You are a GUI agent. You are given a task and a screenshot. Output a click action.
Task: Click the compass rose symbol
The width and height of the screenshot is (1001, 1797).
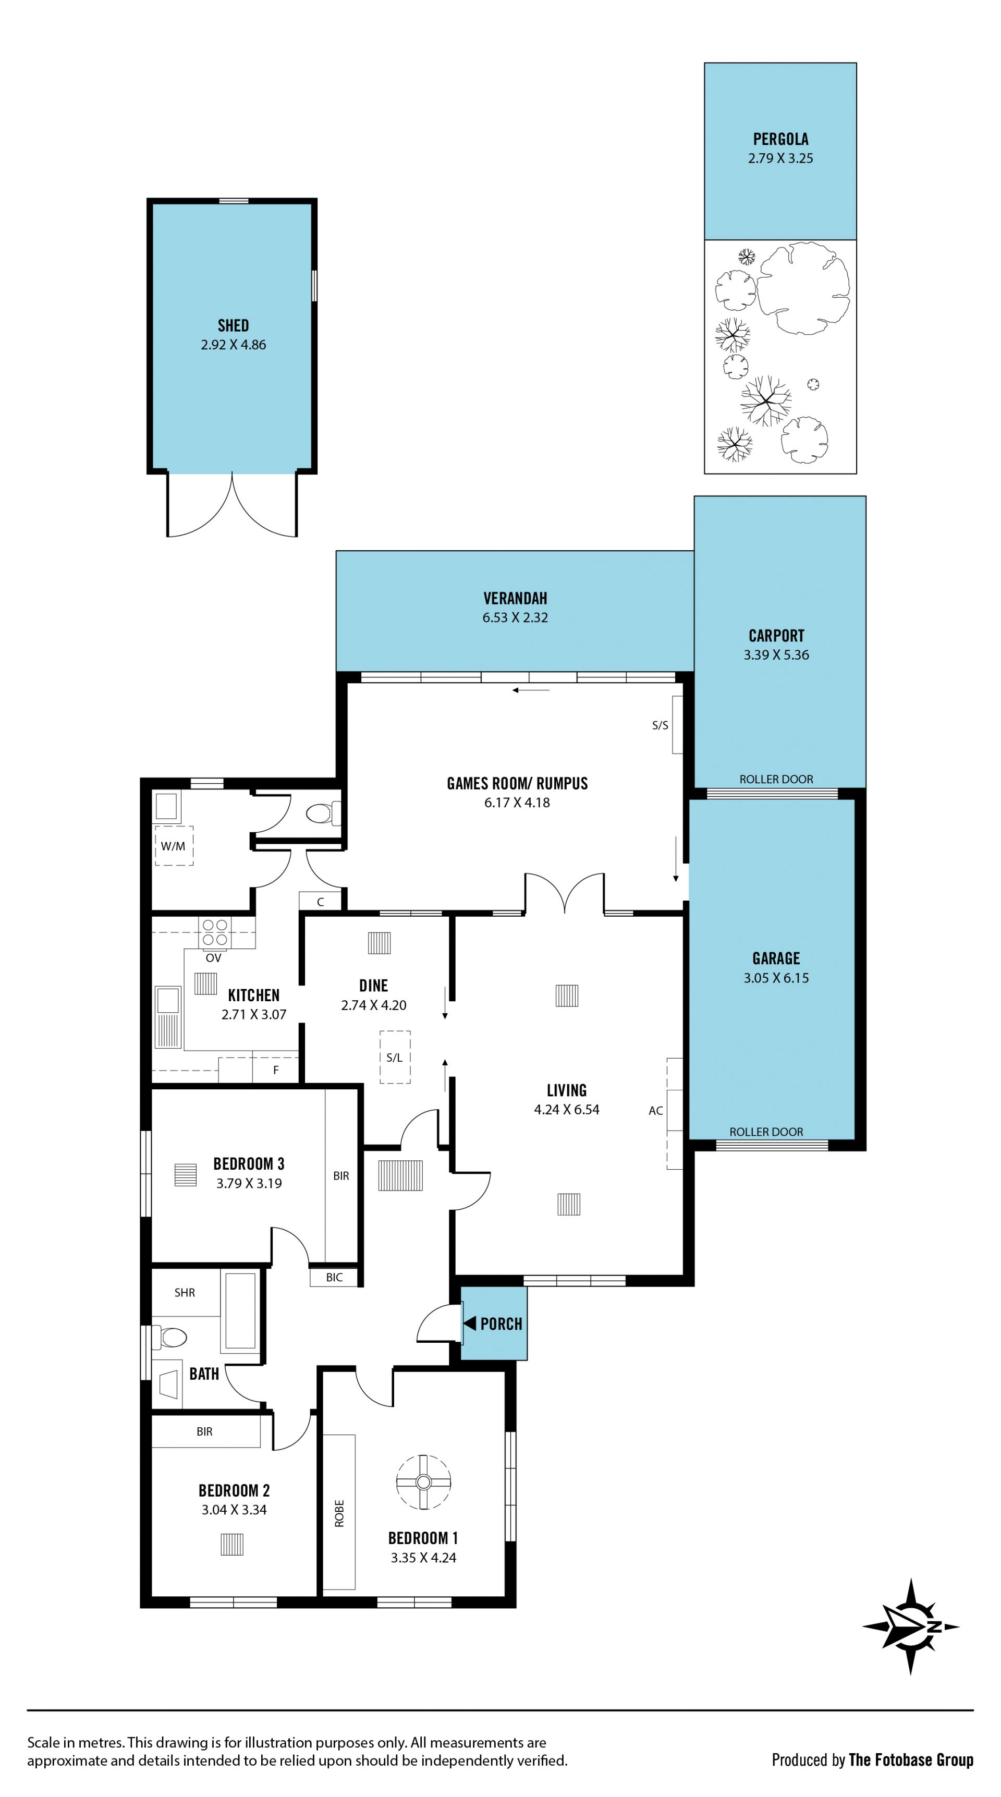(x=910, y=1626)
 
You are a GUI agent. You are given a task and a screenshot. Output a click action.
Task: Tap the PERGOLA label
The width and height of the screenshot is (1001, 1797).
(x=780, y=139)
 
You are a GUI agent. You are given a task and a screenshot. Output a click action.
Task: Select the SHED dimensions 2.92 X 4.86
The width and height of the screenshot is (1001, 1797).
(x=233, y=345)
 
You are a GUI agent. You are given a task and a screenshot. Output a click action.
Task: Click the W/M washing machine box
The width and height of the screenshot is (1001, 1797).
(x=174, y=845)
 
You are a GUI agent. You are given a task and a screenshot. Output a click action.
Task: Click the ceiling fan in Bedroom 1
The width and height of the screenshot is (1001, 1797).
(x=423, y=1482)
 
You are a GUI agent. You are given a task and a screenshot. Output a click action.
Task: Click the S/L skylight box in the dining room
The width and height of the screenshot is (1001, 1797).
(x=395, y=1057)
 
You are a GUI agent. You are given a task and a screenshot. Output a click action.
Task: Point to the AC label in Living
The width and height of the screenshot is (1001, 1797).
(x=656, y=1111)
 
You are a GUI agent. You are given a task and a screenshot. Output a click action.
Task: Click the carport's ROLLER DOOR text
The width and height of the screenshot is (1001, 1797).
(x=776, y=779)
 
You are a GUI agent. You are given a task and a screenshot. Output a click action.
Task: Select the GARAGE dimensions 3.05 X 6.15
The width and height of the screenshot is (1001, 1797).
(x=776, y=978)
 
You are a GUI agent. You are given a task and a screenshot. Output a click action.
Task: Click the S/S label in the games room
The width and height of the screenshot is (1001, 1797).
(x=660, y=725)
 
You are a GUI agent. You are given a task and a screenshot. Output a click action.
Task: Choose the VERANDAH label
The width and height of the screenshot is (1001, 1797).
(x=516, y=598)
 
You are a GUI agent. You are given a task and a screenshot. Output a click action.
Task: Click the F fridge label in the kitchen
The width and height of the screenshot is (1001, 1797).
(x=276, y=1070)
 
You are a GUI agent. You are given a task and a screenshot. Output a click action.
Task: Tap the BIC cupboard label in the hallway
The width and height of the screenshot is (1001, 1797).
(x=334, y=1277)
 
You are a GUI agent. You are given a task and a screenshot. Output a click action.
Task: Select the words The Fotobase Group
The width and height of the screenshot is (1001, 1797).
(x=911, y=1760)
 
